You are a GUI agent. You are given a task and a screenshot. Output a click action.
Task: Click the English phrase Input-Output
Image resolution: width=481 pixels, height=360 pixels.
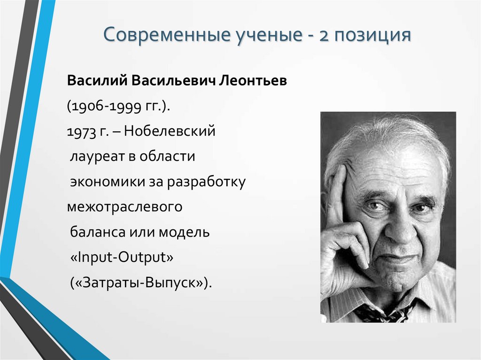click(122, 258)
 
